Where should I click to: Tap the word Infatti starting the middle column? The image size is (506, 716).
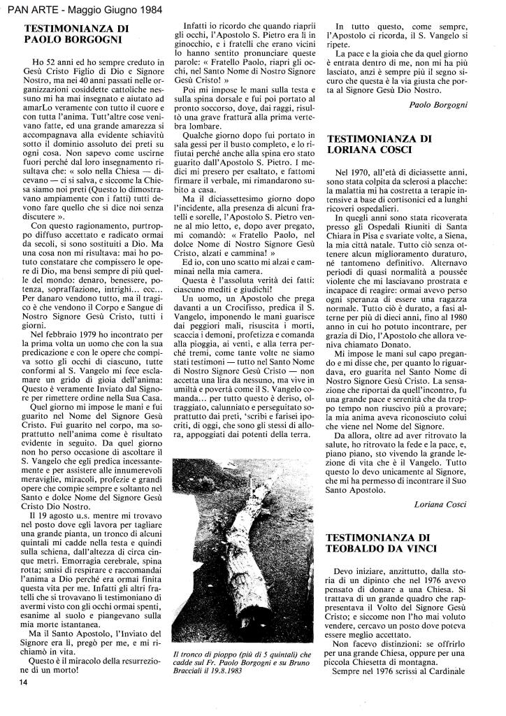[197, 27]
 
